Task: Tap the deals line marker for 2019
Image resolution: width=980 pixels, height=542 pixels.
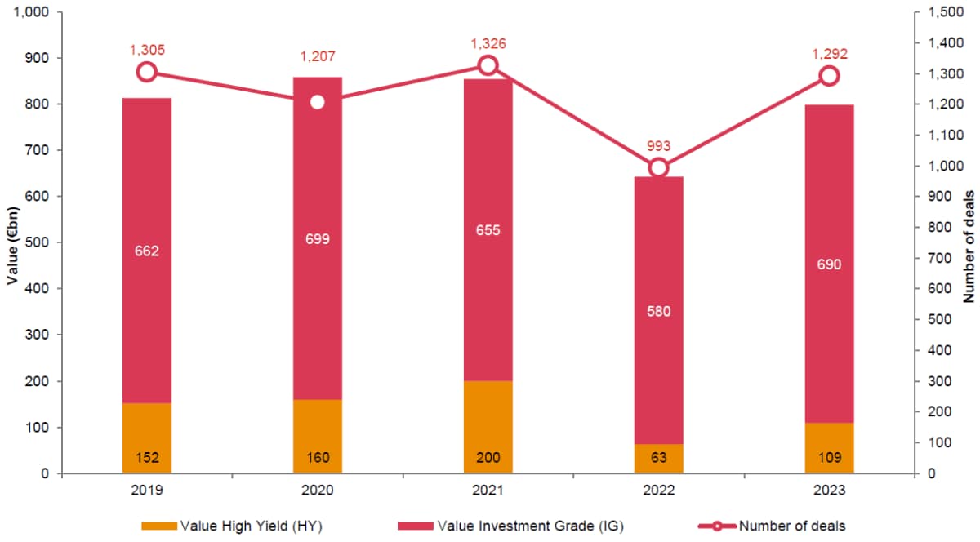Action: (147, 72)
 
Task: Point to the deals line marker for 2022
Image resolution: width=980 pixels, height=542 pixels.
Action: (659, 168)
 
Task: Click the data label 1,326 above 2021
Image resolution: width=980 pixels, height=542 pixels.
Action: (488, 42)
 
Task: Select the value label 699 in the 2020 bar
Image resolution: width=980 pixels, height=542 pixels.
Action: (318, 239)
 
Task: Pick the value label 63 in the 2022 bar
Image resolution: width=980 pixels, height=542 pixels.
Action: (659, 458)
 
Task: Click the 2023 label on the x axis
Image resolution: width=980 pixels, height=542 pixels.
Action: (830, 492)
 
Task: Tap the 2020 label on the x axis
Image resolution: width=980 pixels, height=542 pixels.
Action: (318, 492)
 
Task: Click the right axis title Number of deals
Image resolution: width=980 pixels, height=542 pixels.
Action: (969, 243)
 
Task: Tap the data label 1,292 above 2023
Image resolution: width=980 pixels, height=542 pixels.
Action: (830, 54)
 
